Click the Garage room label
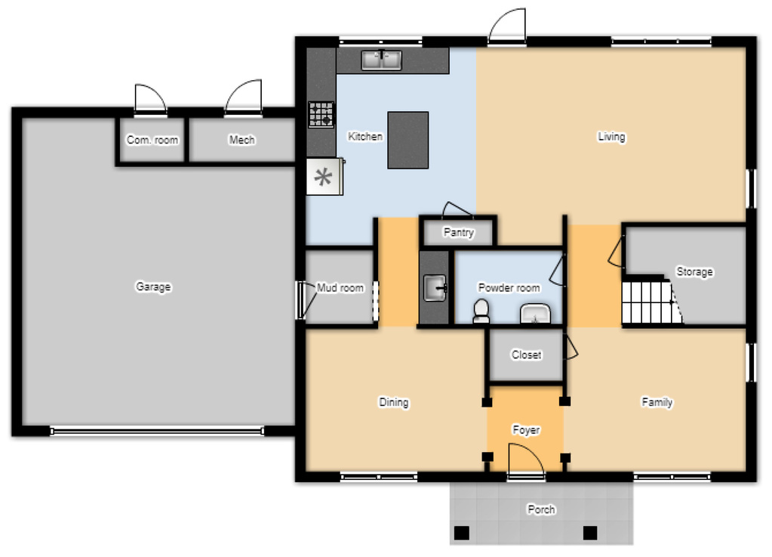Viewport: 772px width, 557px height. coord(153,286)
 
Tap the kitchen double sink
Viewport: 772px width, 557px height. coord(382,60)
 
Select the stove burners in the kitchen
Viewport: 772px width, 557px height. coord(321,114)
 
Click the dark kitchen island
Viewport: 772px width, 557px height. coord(408,140)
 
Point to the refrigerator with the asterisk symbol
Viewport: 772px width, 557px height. coord(324,176)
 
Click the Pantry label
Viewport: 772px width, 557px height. coord(458,232)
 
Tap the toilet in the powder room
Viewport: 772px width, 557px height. coord(481,311)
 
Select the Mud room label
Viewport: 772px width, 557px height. coord(340,287)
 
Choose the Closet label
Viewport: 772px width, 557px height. coord(526,354)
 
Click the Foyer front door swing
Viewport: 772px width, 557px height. coord(526,460)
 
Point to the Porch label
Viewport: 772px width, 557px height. coord(541,509)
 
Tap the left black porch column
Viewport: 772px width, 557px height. coord(461,533)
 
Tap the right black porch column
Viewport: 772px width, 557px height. coord(590,533)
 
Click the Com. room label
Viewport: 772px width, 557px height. coord(152,140)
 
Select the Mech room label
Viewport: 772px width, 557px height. coord(241,140)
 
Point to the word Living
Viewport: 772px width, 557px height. coord(611,137)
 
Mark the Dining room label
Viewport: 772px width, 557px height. coord(393,402)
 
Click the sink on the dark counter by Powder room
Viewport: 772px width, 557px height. coord(435,288)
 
